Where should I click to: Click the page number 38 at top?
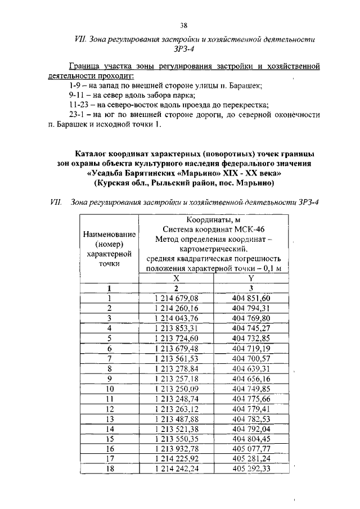(x=183, y=25)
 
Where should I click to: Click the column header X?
(x=176, y=278)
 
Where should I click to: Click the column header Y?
(x=251, y=278)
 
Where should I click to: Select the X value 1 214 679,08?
(x=176, y=298)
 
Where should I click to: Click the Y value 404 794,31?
(x=251, y=308)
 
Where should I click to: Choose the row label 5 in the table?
(x=110, y=338)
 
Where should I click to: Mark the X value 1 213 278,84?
(x=176, y=368)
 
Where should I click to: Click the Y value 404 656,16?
(x=251, y=379)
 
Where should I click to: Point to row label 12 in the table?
(x=110, y=408)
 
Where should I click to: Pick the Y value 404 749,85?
(x=251, y=389)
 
